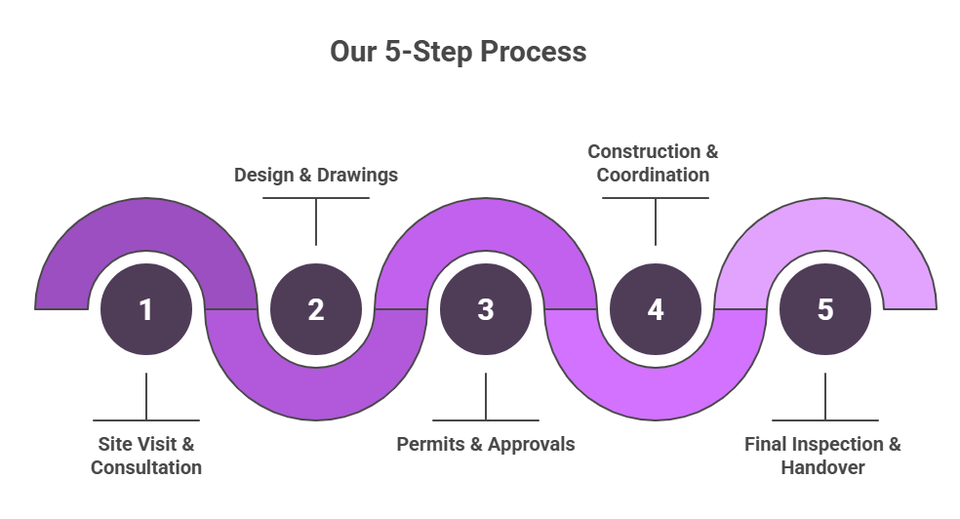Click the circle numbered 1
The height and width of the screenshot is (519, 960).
coord(145,309)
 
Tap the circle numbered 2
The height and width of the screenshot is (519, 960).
coord(315,309)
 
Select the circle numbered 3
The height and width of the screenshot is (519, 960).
coord(485,309)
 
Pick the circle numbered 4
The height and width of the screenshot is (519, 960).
coord(655,309)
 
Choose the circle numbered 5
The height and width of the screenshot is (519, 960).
coord(825,309)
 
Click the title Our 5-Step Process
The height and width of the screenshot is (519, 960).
coord(458,52)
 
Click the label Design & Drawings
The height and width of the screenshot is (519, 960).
coord(315,176)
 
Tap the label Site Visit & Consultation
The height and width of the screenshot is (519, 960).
coord(146,456)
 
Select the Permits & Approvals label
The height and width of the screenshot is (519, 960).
coord(485,444)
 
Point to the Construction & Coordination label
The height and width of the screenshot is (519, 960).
coord(653,164)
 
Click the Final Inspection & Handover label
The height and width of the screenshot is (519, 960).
coord(822,456)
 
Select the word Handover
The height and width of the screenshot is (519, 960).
coord(822,467)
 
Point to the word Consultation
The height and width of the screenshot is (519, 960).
coord(146,467)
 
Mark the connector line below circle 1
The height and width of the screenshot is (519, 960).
coord(145,396)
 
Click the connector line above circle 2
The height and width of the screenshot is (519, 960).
coord(315,221)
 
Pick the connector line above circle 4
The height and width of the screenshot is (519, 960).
coord(655,221)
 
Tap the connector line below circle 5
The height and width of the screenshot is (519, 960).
coord(825,396)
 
